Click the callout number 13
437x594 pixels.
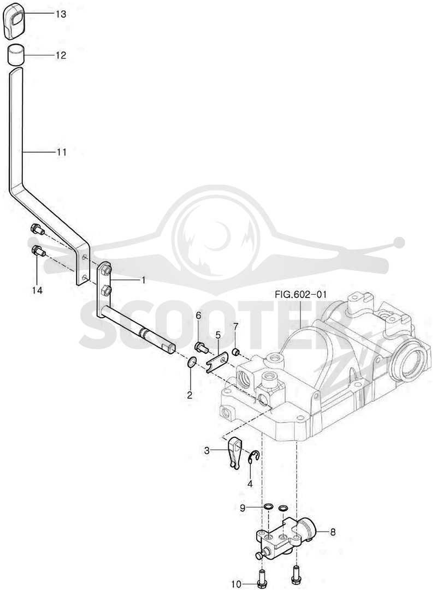61,14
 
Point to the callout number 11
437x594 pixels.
61,152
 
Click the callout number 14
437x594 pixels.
37,290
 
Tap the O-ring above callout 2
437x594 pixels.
192,362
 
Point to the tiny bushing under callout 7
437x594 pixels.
235,353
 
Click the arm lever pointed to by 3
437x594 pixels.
234,453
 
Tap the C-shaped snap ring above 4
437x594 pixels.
253,456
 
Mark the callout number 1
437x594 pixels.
143,280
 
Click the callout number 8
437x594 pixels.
333,532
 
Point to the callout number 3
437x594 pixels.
206,450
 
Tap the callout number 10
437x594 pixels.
236,585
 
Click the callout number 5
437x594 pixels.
218,335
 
